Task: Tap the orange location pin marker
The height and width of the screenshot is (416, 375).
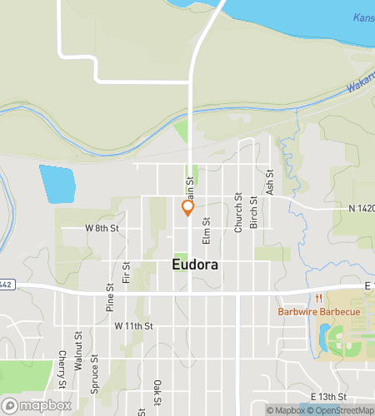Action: (x=188, y=208)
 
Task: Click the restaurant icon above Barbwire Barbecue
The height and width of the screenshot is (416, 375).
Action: (x=317, y=299)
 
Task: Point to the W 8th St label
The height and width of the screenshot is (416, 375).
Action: (x=102, y=227)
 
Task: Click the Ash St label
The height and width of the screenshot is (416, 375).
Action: (x=270, y=183)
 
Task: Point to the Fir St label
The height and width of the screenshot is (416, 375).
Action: (x=126, y=271)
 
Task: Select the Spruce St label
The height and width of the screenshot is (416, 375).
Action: (x=94, y=372)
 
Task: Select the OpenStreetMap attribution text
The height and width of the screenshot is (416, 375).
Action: (x=342, y=409)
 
